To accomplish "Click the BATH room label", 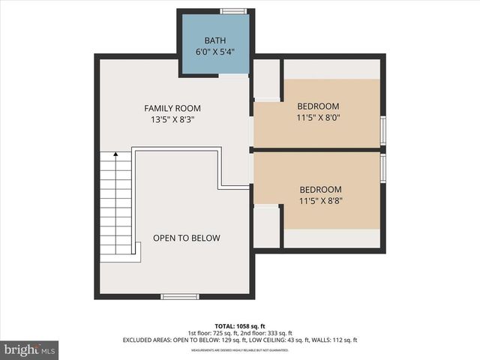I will pyautogui.click(x=214, y=40).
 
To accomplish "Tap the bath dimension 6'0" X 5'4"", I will pyautogui.click(x=214, y=52).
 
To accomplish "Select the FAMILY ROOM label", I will pyautogui.click(x=172, y=108).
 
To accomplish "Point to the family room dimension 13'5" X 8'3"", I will pyautogui.click(x=172, y=119).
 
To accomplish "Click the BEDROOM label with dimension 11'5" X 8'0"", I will pyautogui.click(x=318, y=106).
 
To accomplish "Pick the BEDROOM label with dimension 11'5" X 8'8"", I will pyautogui.click(x=320, y=190).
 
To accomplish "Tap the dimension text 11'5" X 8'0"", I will pyautogui.click(x=318, y=117).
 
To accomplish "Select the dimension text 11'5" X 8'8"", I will pyautogui.click(x=320, y=201).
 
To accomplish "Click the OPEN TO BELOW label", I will pyautogui.click(x=187, y=238).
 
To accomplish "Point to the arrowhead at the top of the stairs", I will pyautogui.click(x=115, y=154).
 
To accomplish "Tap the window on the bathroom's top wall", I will pyautogui.click(x=233, y=10).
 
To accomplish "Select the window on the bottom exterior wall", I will pyautogui.click(x=180, y=297).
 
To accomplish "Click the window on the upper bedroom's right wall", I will pyautogui.click(x=383, y=130).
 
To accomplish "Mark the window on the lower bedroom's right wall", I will pyautogui.click(x=383, y=168).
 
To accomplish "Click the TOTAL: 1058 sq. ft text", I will pyautogui.click(x=240, y=325).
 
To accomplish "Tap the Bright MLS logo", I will pyautogui.click(x=30, y=349).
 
